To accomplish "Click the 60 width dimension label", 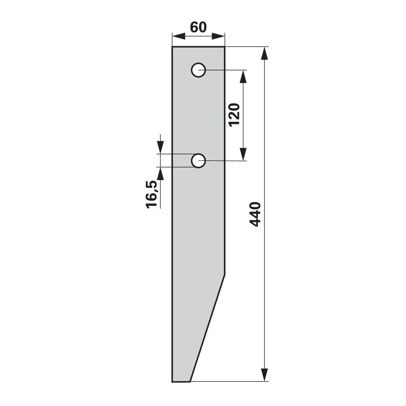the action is [x=198, y=27].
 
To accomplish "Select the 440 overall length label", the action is [x=255, y=214].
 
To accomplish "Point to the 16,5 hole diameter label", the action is [x=152, y=194].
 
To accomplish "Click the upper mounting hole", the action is [x=198, y=70].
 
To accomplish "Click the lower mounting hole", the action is [x=198, y=161].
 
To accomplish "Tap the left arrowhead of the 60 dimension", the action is [x=179, y=36].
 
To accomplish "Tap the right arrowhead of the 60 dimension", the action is [x=218, y=36].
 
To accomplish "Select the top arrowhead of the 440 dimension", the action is [x=264, y=54].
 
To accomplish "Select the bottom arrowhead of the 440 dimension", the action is [x=264, y=375].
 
